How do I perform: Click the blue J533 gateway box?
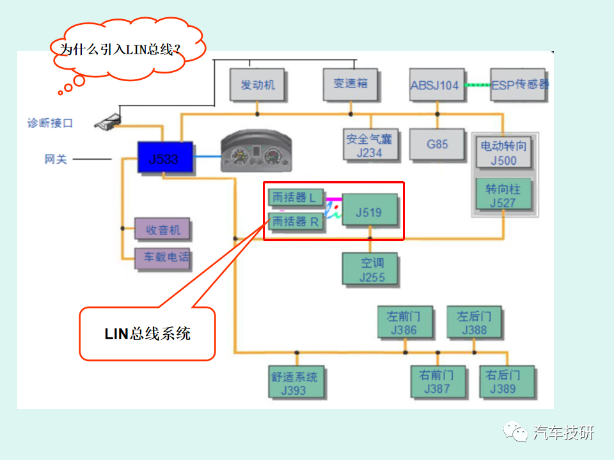tap(165, 158)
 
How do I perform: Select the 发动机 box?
tap(257, 84)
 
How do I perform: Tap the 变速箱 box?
tap(350, 84)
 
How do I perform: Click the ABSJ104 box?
tap(437, 85)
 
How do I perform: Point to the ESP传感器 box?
tap(518, 85)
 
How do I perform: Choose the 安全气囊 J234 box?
tap(369, 145)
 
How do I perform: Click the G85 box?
tap(437, 144)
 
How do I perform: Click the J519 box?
tap(370, 211)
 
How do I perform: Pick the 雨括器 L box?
tap(295, 198)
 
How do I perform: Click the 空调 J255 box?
tap(372, 270)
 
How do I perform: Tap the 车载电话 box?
tap(162, 257)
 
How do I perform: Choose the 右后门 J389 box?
tap(507, 381)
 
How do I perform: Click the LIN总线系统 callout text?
tap(147, 333)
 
